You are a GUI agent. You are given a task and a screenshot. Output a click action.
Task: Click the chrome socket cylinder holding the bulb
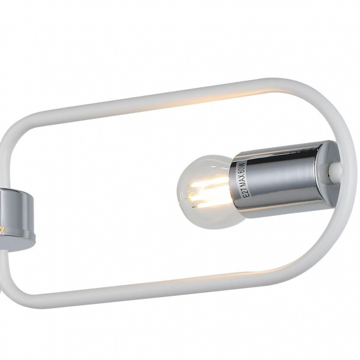[x=287, y=177]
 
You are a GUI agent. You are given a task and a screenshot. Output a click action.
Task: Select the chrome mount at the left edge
[x=18, y=214]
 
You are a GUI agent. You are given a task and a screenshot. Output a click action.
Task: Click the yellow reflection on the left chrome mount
[x=3, y=229]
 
